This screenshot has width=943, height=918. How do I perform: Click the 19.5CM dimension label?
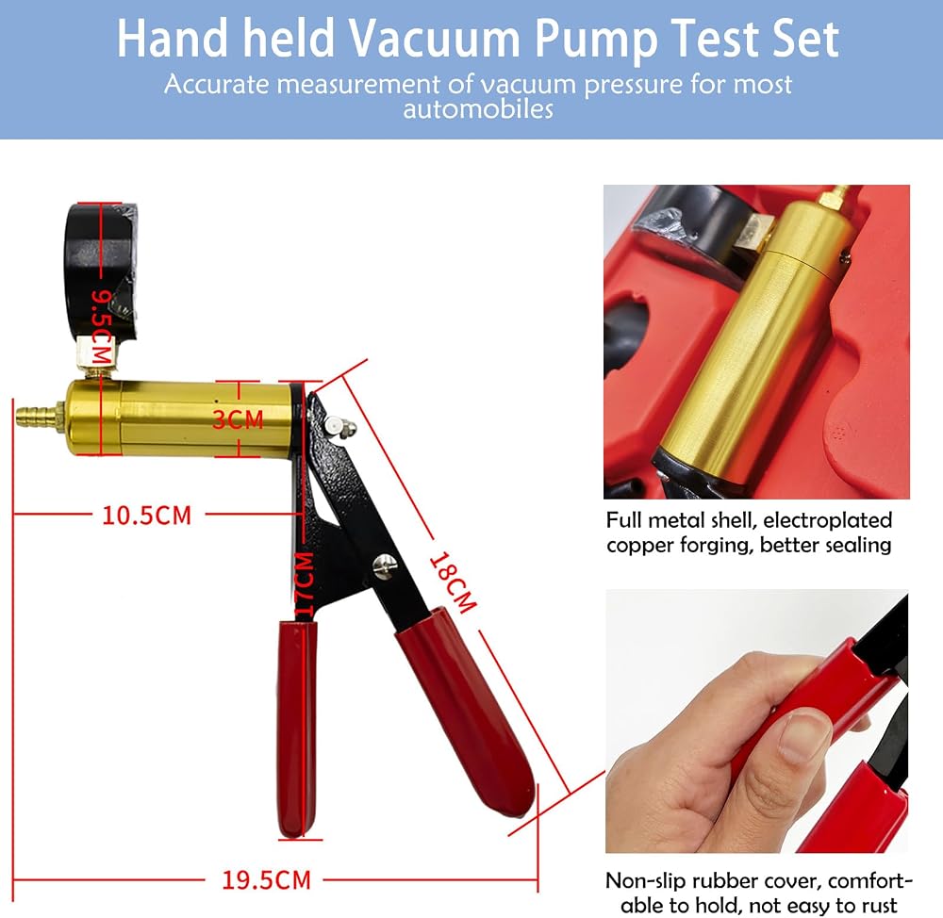pyautogui.click(x=267, y=880)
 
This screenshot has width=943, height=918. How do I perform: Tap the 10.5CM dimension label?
pyautogui.click(x=147, y=516)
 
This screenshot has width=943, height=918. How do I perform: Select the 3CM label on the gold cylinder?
pyautogui.click(x=239, y=419)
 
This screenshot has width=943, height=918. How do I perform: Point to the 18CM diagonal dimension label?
pyautogui.click(x=454, y=582)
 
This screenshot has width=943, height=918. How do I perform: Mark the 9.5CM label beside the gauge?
pyautogui.click(x=101, y=327)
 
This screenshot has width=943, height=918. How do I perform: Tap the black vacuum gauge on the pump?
pyautogui.click(x=101, y=270)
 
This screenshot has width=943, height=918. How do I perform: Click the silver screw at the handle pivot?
pyautogui.click(x=385, y=565)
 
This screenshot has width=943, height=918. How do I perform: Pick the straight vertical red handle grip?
pyautogui.click(x=297, y=729)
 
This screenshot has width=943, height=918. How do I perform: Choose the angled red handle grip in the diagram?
pyautogui.click(x=464, y=713)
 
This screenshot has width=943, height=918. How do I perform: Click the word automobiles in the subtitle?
pyautogui.click(x=478, y=109)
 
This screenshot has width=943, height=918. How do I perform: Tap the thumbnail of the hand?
pyautogui.click(x=756, y=721)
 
